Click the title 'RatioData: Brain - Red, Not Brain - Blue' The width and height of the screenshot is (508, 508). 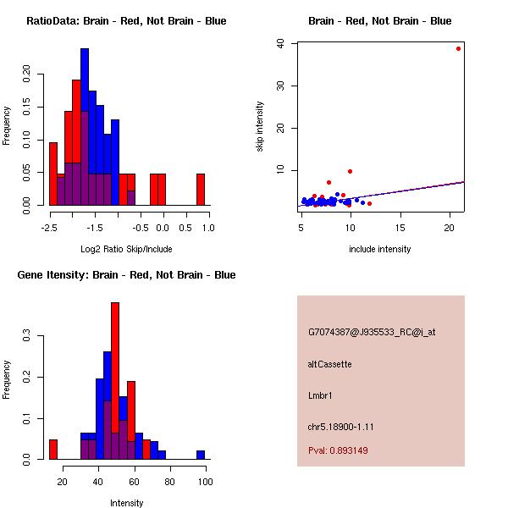pos(126,21)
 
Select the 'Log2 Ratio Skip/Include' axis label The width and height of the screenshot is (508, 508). pos(126,249)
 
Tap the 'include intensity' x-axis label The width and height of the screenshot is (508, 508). pos(381,249)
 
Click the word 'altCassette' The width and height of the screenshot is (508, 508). pos(329,364)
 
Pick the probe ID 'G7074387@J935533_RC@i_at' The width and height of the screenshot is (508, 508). pos(372,333)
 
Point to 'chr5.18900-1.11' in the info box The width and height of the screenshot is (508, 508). pos(340,427)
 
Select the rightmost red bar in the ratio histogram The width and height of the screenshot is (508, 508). pos(201,189)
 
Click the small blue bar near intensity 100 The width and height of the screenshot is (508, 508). pos(201,455)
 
